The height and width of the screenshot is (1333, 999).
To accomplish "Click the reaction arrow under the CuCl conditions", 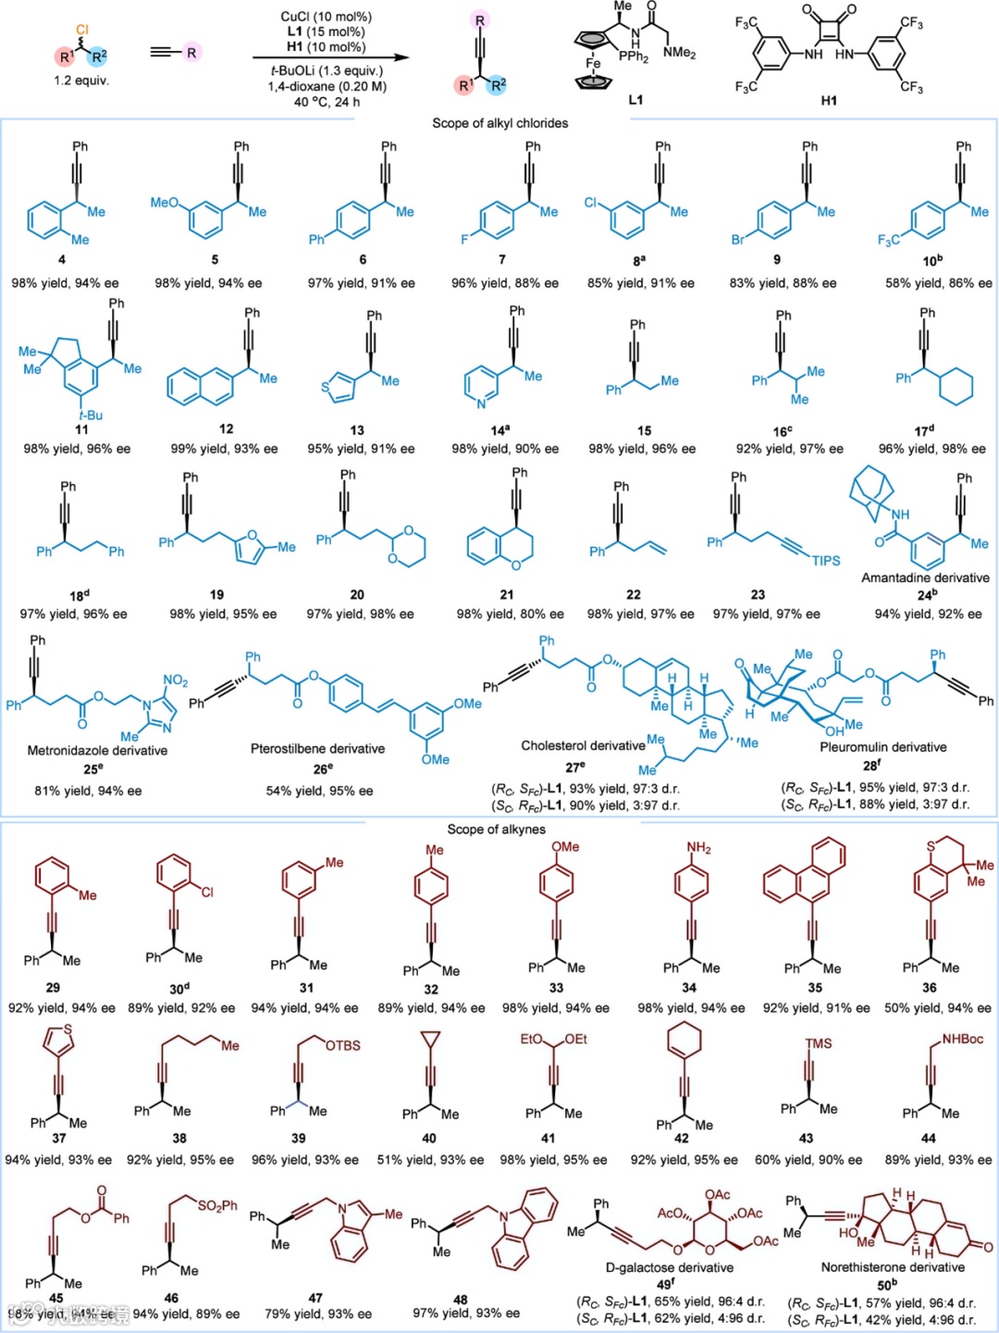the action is pos(330,57).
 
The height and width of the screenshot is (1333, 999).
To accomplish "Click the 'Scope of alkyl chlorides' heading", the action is pos(499,123).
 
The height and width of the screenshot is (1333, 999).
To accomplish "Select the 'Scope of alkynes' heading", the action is pos(496,829).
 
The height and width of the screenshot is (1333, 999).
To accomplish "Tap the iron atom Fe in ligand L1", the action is pos(593,64).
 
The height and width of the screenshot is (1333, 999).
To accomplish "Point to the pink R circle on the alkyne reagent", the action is pos(191,52).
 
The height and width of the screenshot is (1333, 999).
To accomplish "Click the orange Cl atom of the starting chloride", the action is pos(81,31).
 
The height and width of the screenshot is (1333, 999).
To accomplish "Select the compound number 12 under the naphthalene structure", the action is pos(226,429).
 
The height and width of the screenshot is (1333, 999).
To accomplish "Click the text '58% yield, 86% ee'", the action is pos(938,283).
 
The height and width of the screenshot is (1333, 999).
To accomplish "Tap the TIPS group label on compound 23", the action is pos(826,561).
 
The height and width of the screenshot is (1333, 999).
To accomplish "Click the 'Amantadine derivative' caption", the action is pos(925,578).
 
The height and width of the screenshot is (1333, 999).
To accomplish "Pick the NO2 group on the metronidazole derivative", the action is pos(175,681).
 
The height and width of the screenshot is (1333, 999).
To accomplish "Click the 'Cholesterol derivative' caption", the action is pos(583,745).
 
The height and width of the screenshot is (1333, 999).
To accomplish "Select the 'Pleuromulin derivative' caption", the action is pos(882,747).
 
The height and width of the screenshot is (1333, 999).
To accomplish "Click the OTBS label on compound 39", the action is pos(342,1046).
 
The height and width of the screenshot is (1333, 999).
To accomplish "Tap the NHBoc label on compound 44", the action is pos(963,1040).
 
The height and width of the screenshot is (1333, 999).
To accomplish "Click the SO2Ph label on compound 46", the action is pos(216,1205).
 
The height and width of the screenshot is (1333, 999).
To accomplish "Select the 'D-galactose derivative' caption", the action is pos(669,1267).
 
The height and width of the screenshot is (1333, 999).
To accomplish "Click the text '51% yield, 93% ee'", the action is pos(430,1160).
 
